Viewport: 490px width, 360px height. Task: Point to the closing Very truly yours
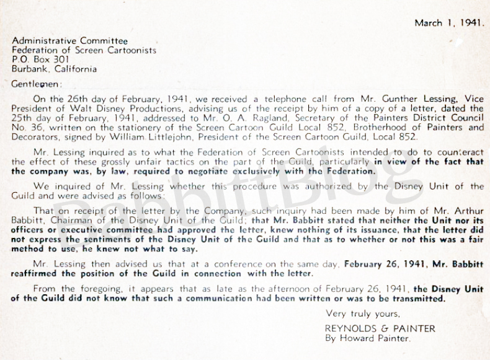[362, 313]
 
